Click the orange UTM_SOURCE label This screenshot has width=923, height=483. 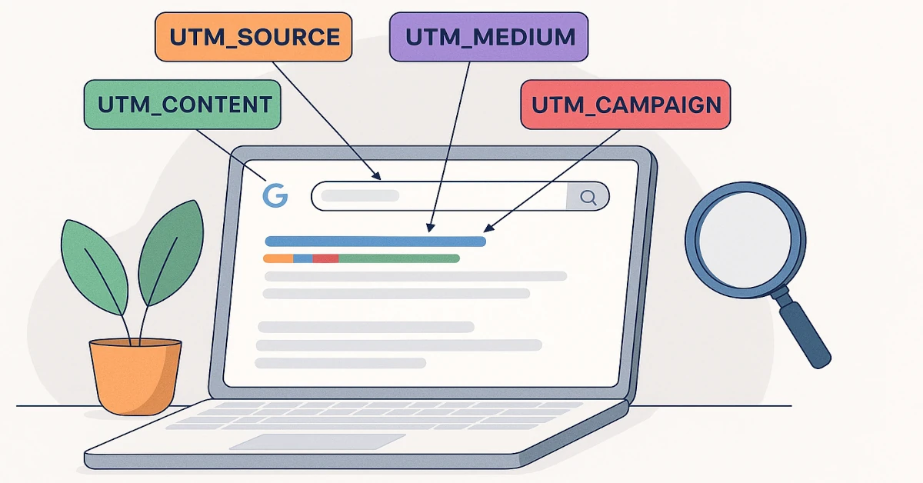click(253, 37)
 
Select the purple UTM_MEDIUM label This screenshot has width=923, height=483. click(489, 36)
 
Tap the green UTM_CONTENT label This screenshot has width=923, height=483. click(182, 104)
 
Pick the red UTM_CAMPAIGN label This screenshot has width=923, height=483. click(625, 104)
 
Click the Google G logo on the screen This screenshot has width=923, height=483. click(275, 195)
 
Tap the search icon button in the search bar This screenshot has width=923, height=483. click(588, 197)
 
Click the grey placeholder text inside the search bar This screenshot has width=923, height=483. click(360, 196)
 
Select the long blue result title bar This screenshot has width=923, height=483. click(375, 241)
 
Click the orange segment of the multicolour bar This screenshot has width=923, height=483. click(278, 258)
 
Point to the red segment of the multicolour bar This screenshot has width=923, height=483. click(326, 258)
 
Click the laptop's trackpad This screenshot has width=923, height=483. click(328, 442)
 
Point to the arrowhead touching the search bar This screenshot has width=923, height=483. click(377, 178)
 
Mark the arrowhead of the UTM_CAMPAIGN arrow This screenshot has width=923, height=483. click(486, 228)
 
